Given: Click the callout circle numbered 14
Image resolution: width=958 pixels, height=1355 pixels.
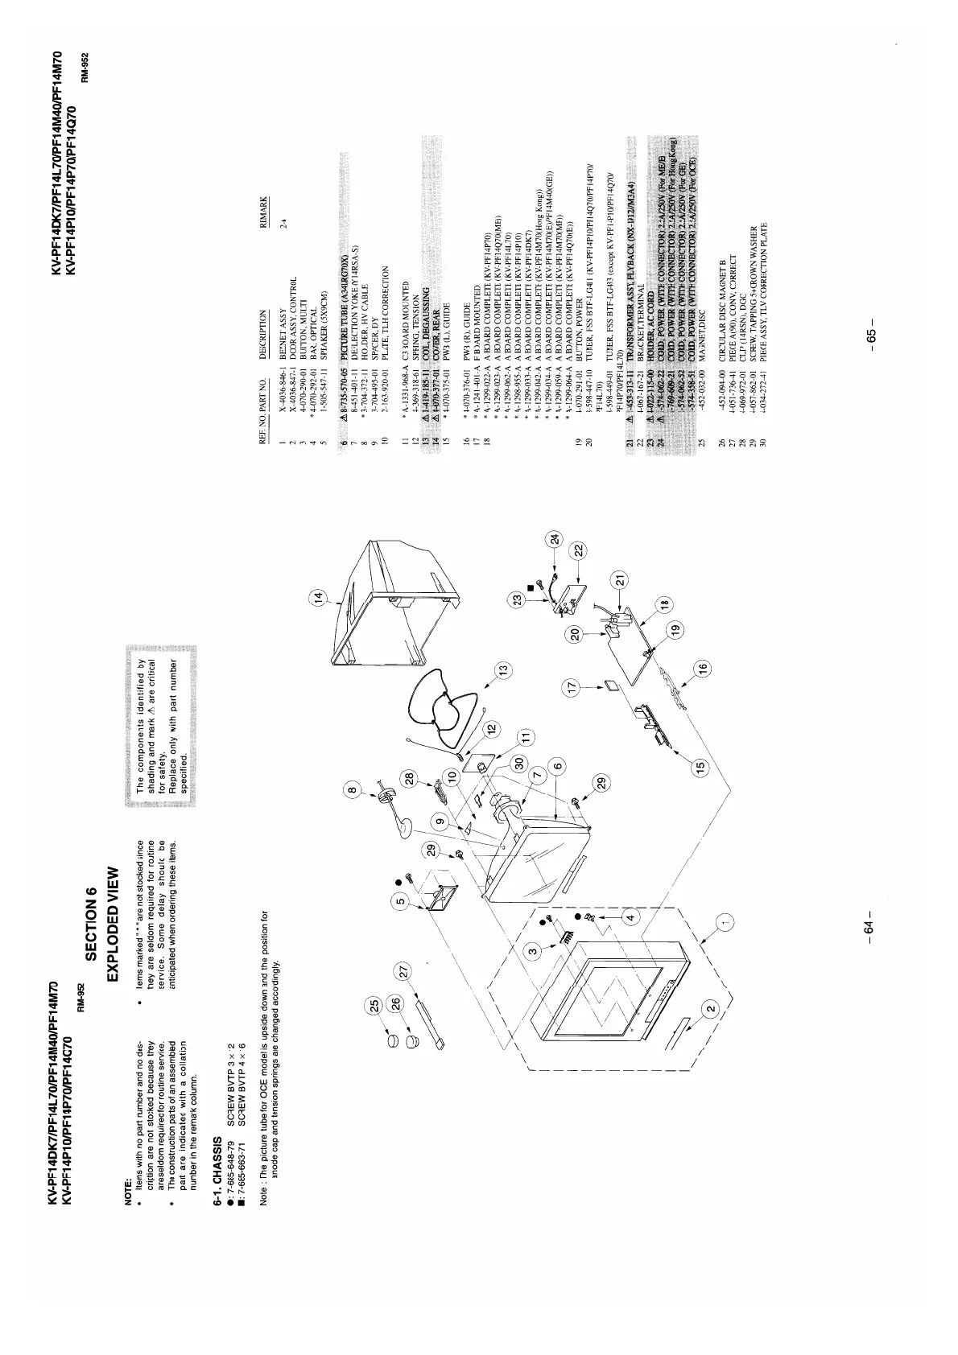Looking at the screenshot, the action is pyautogui.click(x=322, y=598).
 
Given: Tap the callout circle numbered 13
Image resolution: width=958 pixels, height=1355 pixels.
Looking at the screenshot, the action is pyautogui.click(x=503, y=669).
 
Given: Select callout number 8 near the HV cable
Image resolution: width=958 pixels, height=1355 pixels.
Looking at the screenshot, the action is pyautogui.click(x=351, y=791).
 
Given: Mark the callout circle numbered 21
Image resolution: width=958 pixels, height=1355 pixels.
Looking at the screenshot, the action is pyautogui.click(x=620, y=578).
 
